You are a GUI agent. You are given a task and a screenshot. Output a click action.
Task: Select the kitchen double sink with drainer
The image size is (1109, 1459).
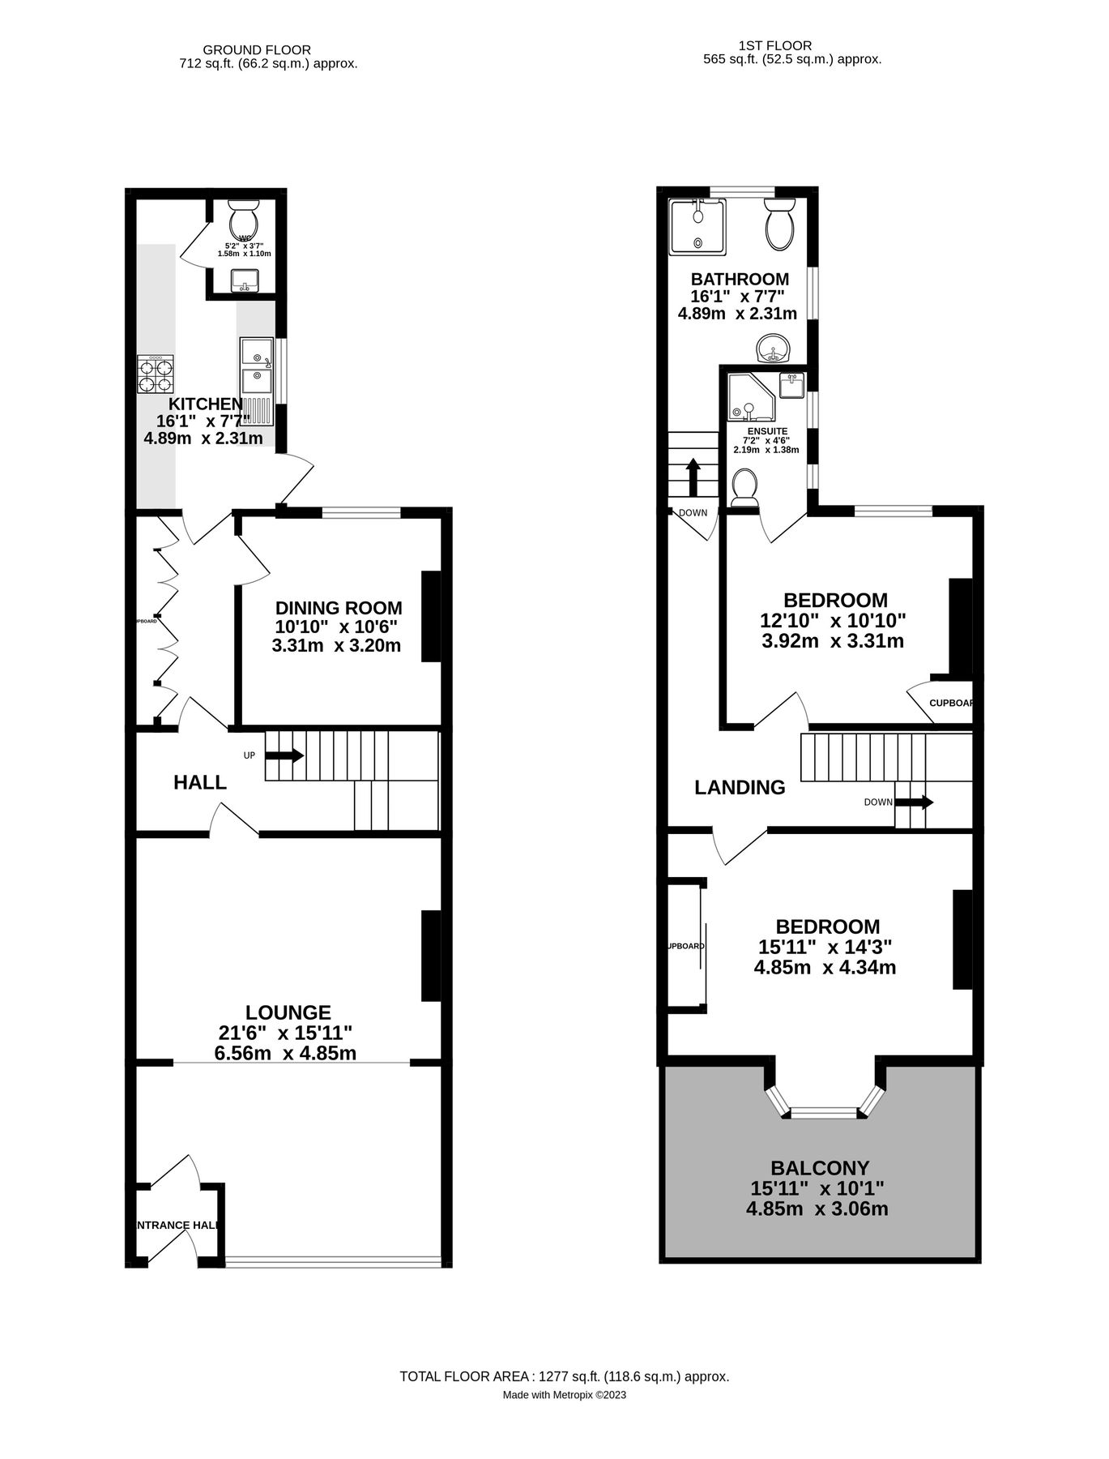257,381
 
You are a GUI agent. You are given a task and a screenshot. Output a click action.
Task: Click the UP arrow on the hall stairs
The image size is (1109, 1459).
284,755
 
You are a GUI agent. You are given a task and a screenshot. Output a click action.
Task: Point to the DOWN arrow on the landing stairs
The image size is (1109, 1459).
914,802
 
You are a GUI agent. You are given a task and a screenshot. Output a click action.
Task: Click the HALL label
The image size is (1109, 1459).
200,782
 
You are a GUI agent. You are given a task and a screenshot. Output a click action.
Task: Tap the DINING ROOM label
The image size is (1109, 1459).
338,608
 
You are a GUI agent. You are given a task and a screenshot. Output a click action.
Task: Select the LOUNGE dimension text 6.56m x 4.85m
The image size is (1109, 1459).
284,1053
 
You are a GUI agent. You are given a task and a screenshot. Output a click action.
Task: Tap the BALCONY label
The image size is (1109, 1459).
819,1168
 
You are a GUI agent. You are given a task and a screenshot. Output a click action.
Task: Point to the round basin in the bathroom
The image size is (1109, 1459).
775,349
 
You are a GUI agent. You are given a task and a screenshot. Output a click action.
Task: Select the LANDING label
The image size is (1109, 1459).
740,787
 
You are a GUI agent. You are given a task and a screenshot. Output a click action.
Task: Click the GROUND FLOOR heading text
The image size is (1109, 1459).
256,50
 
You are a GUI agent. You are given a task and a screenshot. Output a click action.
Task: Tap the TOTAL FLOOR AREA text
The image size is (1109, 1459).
564,1376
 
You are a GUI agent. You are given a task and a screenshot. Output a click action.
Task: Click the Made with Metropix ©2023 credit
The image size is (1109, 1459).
564,1395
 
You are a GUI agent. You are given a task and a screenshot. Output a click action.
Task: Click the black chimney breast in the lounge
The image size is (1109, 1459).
431,956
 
